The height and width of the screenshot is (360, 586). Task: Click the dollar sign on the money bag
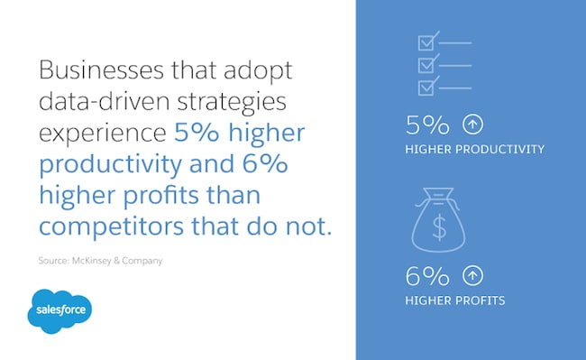tap(438, 227)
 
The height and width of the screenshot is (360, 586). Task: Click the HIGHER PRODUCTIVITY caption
tap(475, 150)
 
